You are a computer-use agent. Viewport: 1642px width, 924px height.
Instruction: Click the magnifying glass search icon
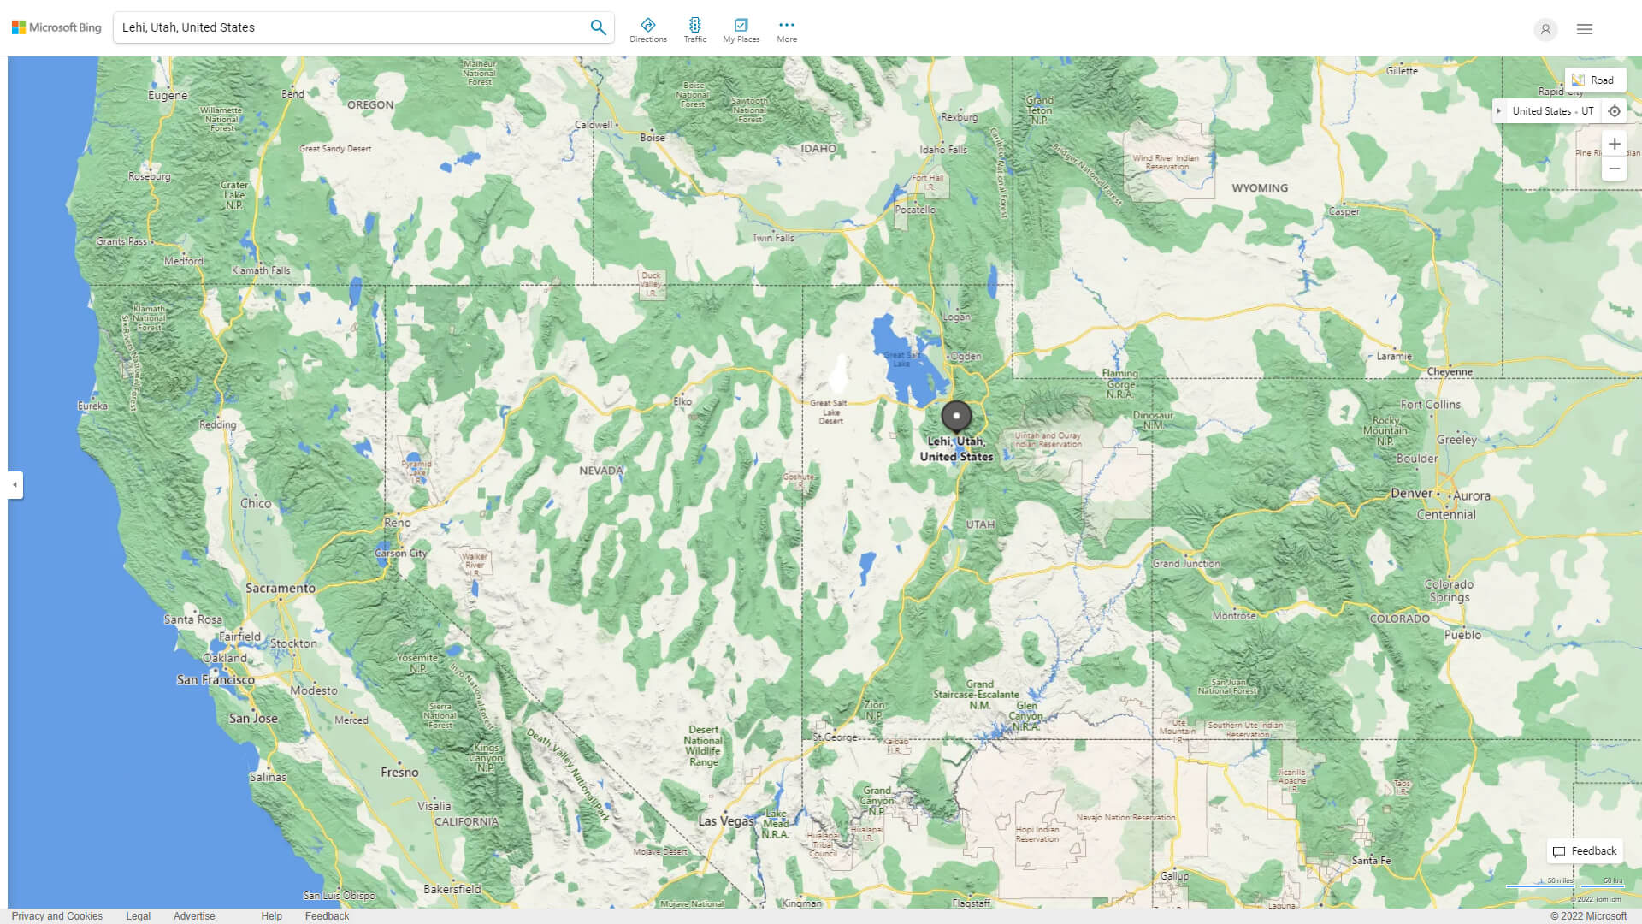(x=598, y=27)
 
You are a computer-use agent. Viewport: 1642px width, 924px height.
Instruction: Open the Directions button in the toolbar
(x=648, y=30)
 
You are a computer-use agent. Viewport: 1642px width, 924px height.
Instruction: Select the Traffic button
(x=695, y=30)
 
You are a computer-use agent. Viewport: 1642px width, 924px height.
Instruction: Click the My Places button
(x=741, y=30)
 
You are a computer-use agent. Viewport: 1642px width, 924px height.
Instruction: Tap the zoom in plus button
(x=1614, y=144)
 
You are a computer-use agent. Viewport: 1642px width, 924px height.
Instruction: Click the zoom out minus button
(x=1614, y=169)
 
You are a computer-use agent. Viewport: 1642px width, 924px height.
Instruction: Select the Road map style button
(x=1594, y=80)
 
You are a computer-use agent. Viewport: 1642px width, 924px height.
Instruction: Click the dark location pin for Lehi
(x=956, y=416)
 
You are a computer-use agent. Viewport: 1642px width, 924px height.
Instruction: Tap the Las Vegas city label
(x=726, y=821)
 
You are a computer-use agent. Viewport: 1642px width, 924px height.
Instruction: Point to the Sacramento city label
(x=281, y=589)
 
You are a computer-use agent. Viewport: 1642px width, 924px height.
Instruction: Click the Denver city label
(x=1411, y=494)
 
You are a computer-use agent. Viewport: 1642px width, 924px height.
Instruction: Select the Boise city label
(x=653, y=138)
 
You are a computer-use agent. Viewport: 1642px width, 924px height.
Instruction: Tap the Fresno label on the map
(x=399, y=773)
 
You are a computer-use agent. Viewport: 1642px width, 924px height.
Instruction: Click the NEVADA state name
(x=601, y=471)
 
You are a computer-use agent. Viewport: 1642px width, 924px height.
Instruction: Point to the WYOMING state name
(x=1259, y=188)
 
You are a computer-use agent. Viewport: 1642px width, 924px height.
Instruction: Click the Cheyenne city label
(x=1450, y=372)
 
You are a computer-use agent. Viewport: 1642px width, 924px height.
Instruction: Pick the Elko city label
(x=682, y=401)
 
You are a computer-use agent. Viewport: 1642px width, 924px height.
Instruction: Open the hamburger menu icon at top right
(x=1585, y=29)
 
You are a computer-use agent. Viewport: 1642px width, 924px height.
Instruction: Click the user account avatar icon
(x=1545, y=29)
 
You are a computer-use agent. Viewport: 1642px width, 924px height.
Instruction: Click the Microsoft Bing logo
(x=56, y=27)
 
